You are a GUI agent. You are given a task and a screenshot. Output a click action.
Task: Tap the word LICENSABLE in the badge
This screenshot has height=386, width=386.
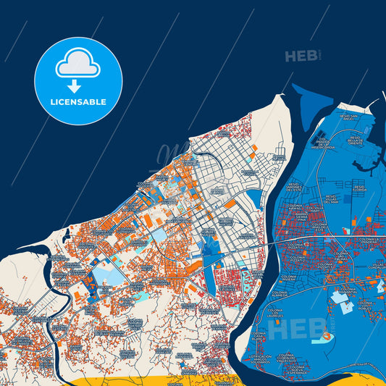pyautogui.click(x=77, y=102)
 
